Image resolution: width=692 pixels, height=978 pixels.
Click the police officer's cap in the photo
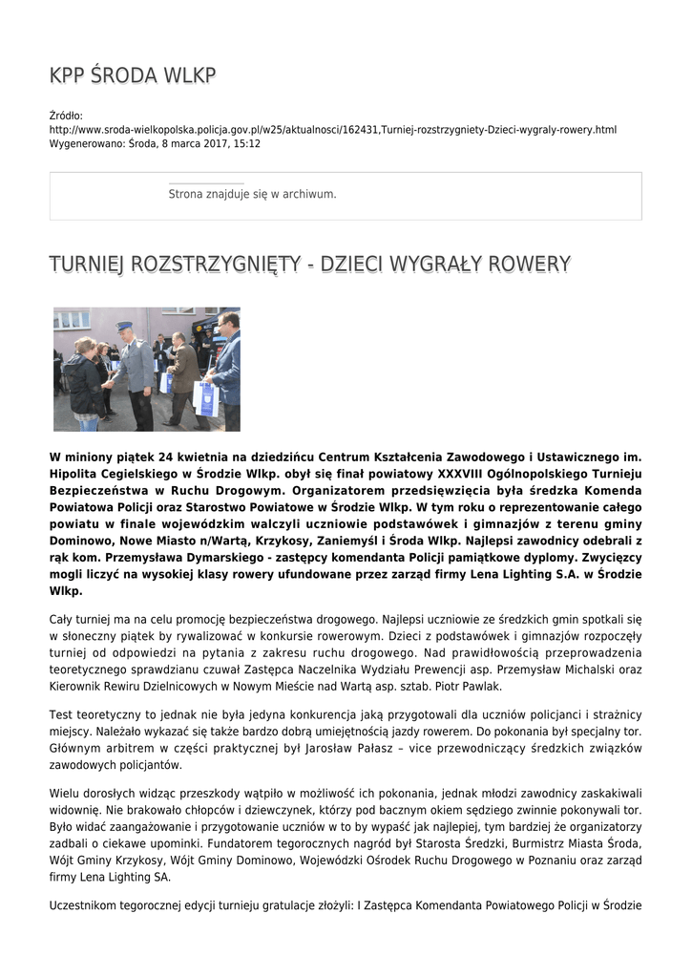124,326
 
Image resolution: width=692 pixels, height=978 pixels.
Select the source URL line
333,129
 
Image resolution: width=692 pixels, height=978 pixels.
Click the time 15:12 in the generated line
245,143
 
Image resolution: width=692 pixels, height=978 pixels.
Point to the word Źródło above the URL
66,116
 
